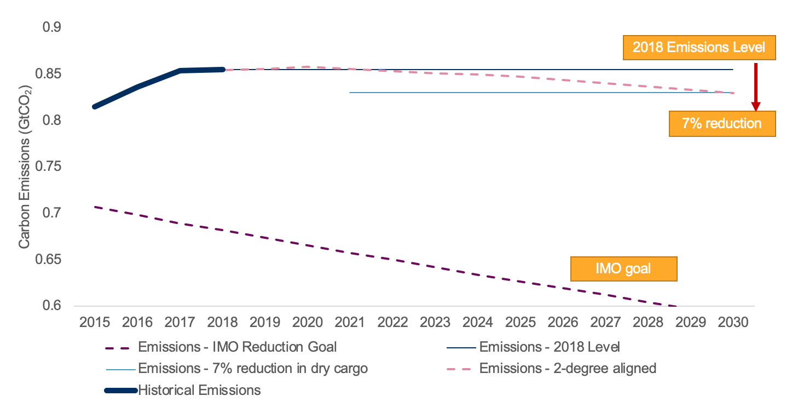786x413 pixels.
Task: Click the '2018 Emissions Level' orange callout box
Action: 698,47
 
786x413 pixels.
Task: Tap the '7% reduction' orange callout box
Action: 721,123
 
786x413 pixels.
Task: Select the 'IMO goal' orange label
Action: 623,269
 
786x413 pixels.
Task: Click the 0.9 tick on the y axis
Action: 53,27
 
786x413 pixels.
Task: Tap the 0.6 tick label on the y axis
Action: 53,306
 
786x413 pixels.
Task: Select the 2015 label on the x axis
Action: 95,323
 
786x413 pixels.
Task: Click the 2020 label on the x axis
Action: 308,323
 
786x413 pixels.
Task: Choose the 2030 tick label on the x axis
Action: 733,323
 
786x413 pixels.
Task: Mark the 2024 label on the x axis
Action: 478,323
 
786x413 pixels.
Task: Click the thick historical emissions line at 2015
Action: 95,106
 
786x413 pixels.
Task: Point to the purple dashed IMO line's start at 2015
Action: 95,206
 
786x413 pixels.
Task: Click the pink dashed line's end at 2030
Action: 732,93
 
